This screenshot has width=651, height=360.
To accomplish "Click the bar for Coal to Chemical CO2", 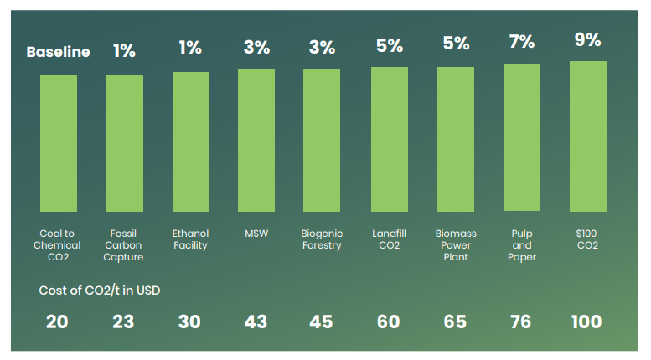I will tap(59, 143).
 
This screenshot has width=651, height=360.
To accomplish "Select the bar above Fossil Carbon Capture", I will tap(125, 143).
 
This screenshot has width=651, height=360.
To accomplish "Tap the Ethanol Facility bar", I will tap(190, 141).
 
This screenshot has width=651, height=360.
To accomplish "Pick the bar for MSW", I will tap(256, 141).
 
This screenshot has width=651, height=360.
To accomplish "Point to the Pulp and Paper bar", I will tap(521, 138).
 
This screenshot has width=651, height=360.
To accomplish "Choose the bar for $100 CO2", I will tap(587, 136).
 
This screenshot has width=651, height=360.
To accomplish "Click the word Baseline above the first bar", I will tap(58, 52).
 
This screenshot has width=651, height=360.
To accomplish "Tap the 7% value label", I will tap(521, 42).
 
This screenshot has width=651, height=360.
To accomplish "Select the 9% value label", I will tap(587, 39).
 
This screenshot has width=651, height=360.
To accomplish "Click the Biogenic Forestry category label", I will tap(322, 239).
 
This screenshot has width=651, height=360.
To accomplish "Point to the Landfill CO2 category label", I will tap(389, 239).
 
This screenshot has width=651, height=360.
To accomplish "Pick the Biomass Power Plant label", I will tap(456, 245).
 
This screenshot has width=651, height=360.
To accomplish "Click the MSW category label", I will tap(256, 234).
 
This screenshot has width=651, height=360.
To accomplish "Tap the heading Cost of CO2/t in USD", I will tap(100, 291).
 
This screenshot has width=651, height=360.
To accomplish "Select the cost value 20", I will tap(57, 321).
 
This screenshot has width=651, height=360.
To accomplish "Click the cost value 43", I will tap(256, 321).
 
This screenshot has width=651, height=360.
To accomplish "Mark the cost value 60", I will tap(389, 321).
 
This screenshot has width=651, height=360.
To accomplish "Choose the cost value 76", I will tap(521, 321).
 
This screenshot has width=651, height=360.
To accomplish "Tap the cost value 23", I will tap(124, 321).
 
